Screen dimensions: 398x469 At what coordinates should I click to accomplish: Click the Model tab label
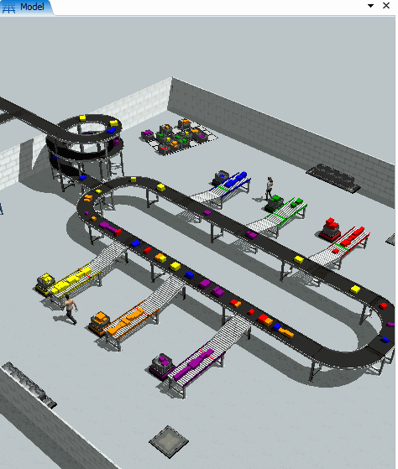pos(32,7)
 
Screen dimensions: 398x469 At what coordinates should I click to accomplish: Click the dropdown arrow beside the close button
pos(370,6)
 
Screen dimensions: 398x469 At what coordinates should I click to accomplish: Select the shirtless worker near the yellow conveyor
pos(70,310)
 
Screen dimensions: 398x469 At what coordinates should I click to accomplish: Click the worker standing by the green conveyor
pos(270,188)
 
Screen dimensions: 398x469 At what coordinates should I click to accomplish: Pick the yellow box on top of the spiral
pos(82,117)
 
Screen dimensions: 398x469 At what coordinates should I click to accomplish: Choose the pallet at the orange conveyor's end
pos(99,324)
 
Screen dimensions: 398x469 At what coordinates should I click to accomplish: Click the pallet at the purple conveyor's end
pos(162,366)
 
